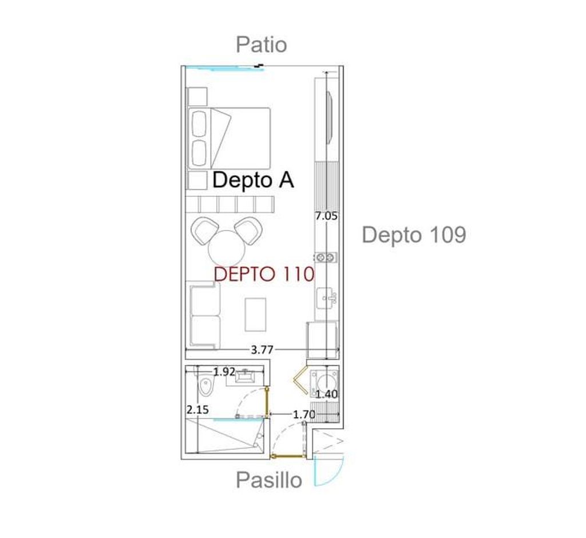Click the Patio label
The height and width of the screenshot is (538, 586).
click(261, 45)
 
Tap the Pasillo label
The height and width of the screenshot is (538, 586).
click(269, 480)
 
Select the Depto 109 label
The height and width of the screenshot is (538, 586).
click(414, 235)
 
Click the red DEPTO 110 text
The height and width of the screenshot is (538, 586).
click(264, 274)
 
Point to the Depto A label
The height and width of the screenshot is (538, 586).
click(253, 180)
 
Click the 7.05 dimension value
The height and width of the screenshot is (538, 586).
click(326, 216)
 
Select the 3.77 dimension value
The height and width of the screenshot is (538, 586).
click(262, 350)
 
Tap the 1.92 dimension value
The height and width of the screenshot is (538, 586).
click(224, 371)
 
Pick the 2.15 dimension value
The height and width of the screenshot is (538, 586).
click(197, 410)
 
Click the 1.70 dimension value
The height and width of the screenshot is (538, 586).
click(304, 414)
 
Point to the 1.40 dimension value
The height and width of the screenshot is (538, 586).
click(327, 394)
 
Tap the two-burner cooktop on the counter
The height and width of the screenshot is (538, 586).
click(325, 257)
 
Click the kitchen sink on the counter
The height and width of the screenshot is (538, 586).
click(326, 298)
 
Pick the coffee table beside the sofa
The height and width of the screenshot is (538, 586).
click(256, 314)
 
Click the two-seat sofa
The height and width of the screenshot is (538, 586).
click(204, 315)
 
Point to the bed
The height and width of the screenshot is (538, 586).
click(229, 138)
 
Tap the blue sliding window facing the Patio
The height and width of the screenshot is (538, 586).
click(224, 68)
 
